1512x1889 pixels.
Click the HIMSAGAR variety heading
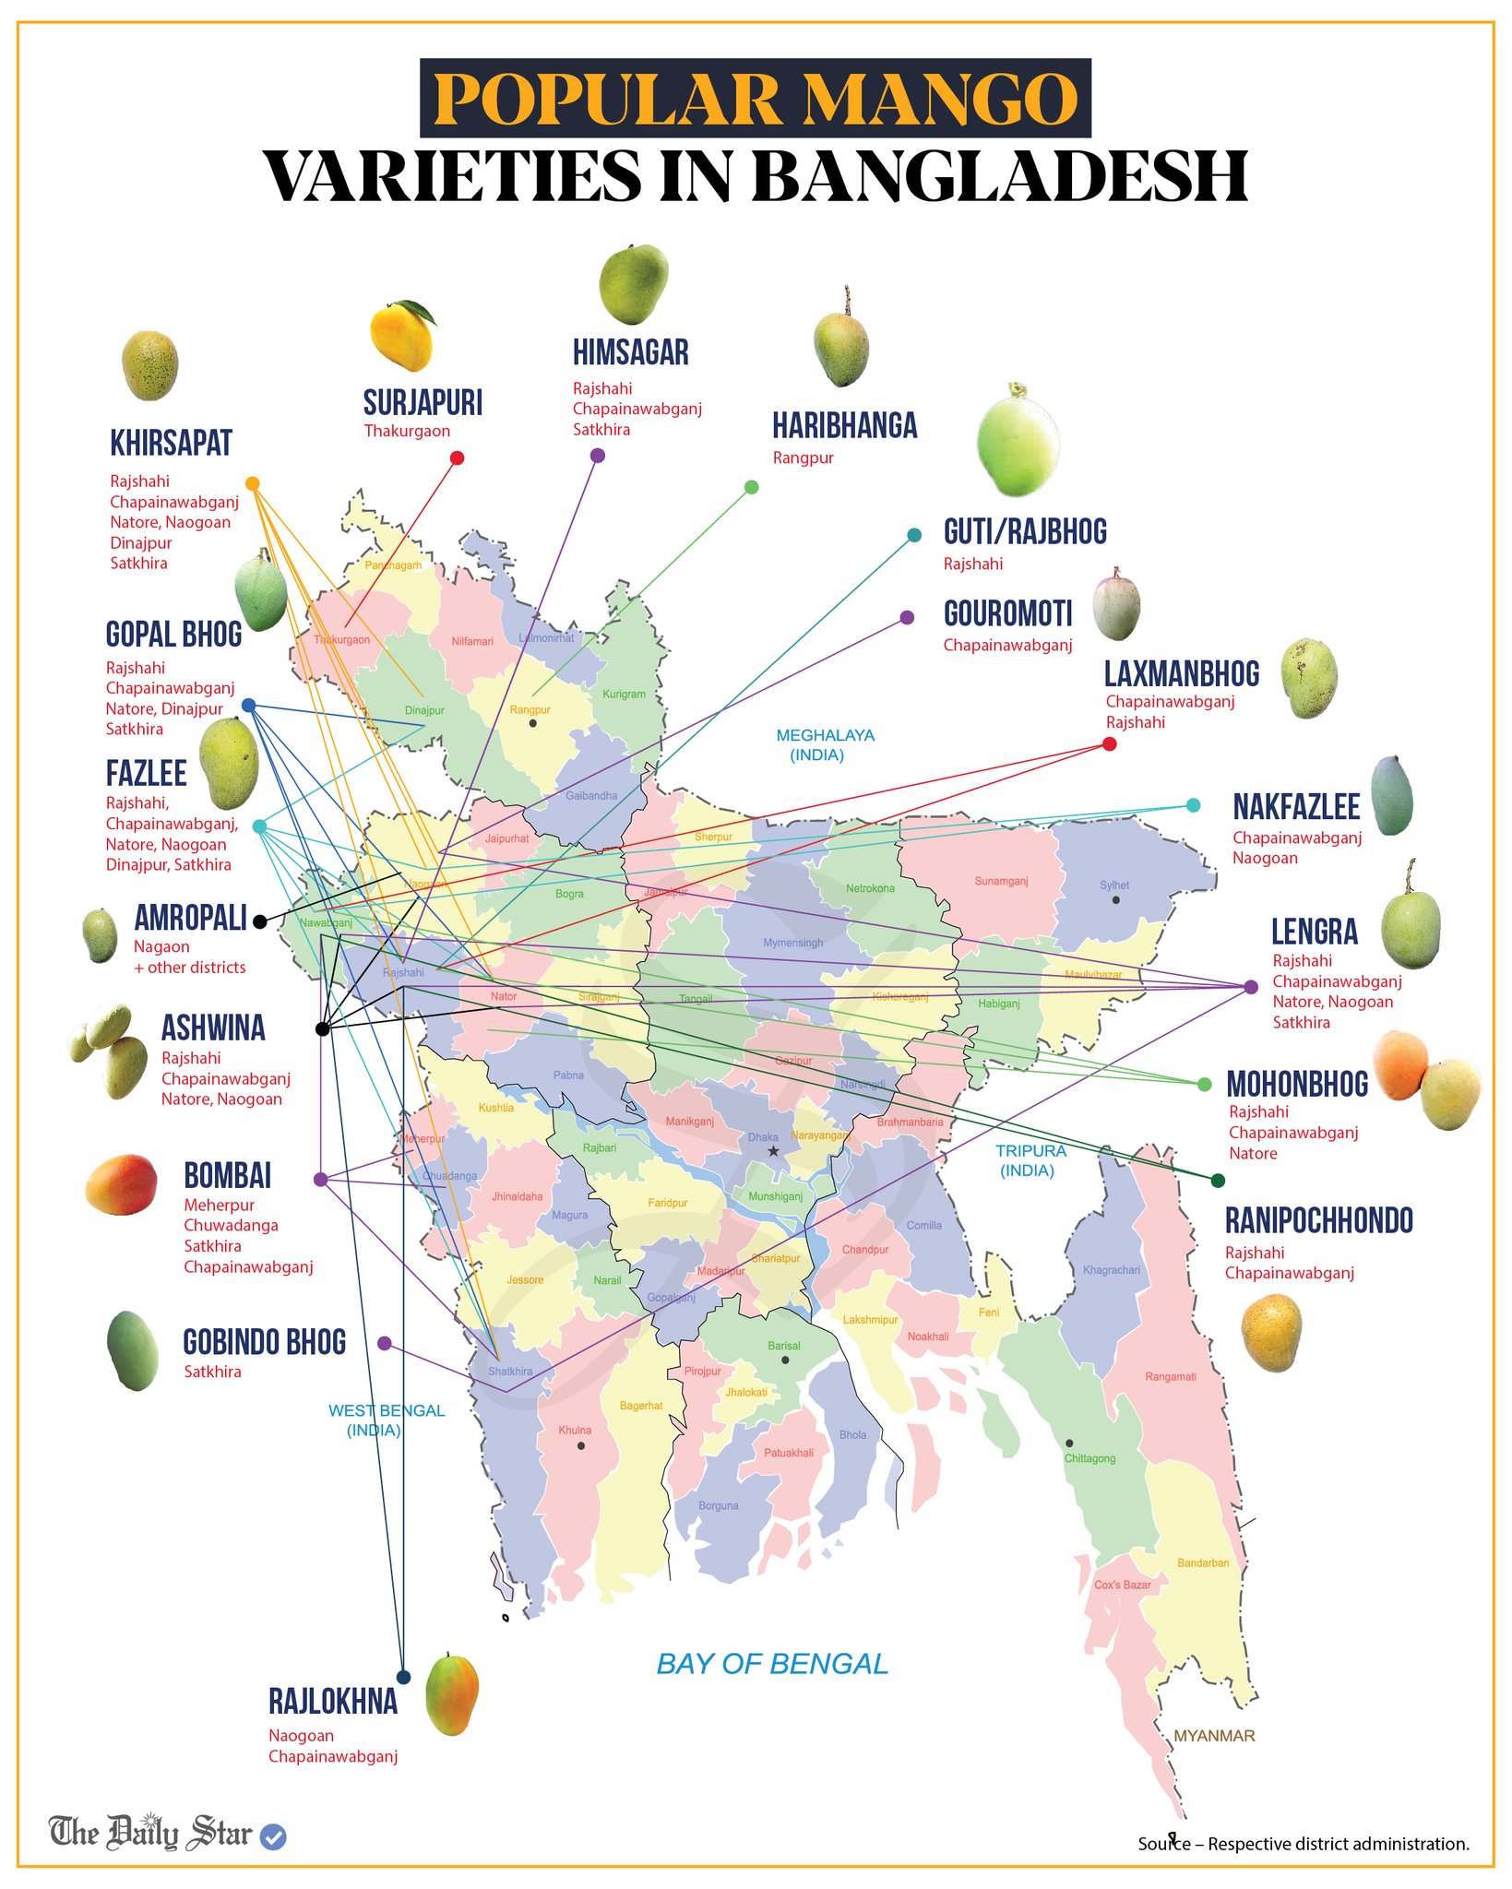630,352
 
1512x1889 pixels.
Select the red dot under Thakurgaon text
457,458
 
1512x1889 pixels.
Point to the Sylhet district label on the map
1114,885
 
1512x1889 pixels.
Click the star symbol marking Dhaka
773,1151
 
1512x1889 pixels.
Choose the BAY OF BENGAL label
772,1664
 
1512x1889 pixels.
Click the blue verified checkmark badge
273,1836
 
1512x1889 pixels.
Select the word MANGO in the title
939,99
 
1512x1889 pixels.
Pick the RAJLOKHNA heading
333,1701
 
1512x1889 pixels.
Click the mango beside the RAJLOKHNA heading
452,1693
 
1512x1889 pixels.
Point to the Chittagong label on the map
1089,1458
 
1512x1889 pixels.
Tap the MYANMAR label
1214,1736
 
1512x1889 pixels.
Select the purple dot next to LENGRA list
1251,987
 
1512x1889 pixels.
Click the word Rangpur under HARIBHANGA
803,457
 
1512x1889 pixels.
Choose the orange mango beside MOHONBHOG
1400,1065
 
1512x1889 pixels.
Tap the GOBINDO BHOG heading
265,1342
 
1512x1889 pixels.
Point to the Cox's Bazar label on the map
1123,1585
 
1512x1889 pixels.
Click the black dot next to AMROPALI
260,921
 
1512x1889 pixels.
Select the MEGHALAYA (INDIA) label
825,744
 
